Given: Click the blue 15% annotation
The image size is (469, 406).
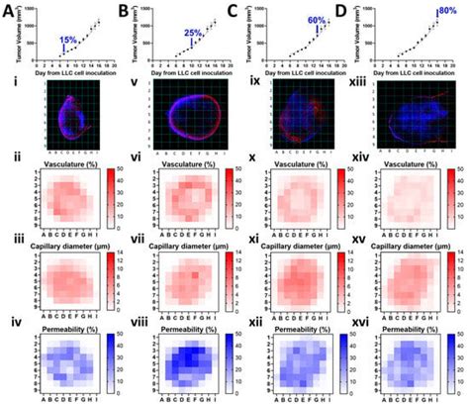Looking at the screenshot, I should pyautogui.click(x=68, y=39).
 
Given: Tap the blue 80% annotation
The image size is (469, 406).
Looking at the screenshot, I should pyautogui.click(x=446, y=12).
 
